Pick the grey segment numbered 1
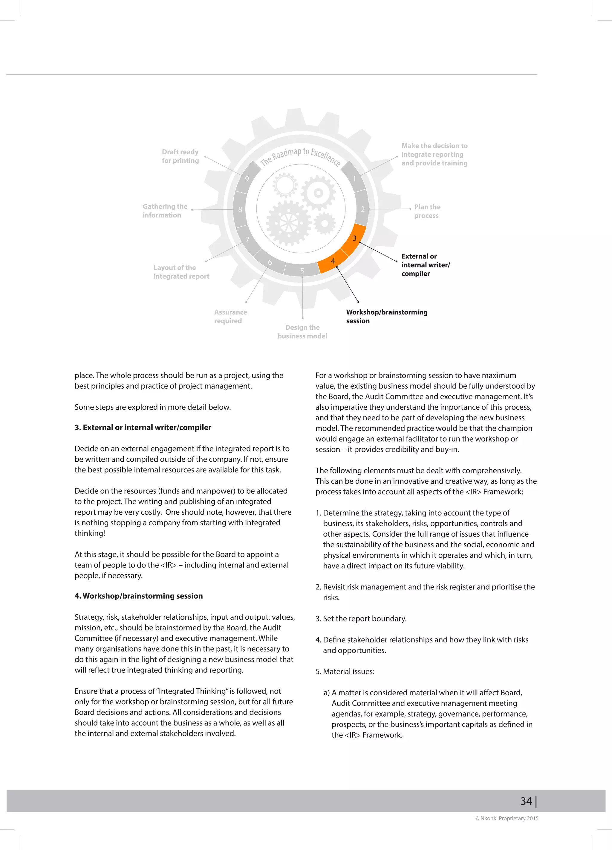tap(354, 178)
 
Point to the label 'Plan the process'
tap(427, 211)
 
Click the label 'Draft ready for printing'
tap(180, 156)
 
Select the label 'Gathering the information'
tap(165, 211)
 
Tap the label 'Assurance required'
tap(230, 316)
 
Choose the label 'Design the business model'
tap(302, 332)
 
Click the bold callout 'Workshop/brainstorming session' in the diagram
tap(386, 316)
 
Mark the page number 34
tap(526, 801)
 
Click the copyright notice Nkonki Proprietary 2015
tap(507, 818)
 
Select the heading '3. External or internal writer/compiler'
tap(143, 428)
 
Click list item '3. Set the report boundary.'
tap(361, 618)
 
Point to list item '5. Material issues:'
tap(345, 671)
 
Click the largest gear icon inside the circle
tap(289, 223)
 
